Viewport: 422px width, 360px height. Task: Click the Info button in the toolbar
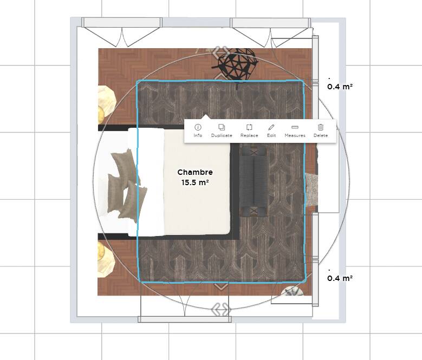198,130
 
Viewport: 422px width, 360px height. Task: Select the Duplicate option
222,130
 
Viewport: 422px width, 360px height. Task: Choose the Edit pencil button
271,130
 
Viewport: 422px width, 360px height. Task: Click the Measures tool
295,130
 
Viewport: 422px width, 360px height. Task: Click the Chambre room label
195,172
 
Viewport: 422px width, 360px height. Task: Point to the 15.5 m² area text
195,182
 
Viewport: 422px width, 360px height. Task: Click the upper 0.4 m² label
340,87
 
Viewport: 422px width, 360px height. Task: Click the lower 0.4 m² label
340,278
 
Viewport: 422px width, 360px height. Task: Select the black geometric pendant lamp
236,64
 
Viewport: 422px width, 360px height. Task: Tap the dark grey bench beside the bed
254,182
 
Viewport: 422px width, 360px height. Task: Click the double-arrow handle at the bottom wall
221,310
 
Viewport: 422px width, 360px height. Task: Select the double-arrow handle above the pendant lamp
220,52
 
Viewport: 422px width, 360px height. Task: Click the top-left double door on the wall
122,32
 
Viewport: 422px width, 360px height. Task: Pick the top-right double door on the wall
271,32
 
